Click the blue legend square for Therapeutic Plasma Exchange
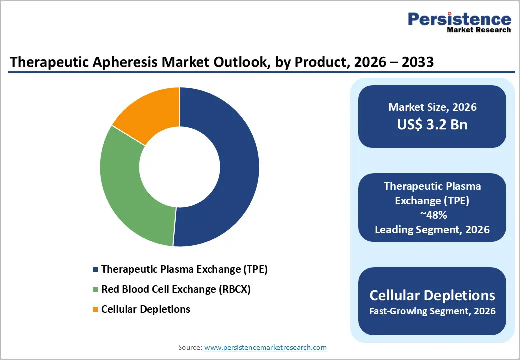tap(95, 270)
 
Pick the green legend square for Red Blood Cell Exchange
tap(95, 290)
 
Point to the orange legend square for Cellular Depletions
tap(95, 310)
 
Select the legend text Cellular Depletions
tap(145, 309)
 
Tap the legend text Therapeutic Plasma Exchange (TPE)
tap(184, 269)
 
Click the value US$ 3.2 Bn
tap(432, 124)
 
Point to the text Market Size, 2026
tap(432, 107)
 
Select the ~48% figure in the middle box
tap(432, 215)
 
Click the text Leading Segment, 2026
tap(432, 230)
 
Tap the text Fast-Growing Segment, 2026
tap(432, 311)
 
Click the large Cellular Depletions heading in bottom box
tap(432, 295)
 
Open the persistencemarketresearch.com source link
tap(265, 347)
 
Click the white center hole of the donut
tap(179, 167)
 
